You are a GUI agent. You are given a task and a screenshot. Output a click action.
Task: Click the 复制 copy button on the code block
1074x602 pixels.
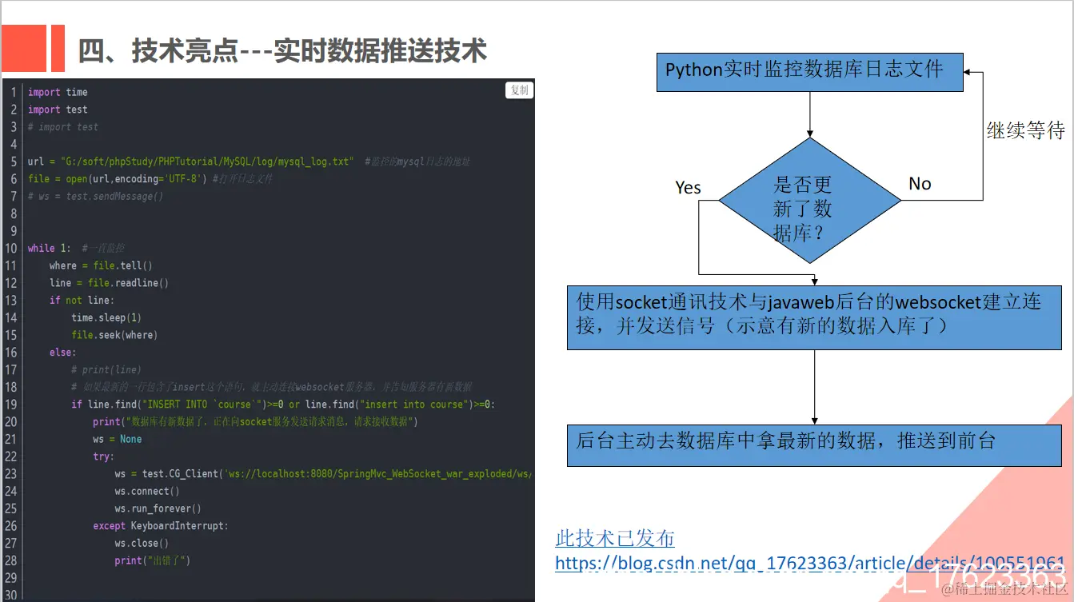520,90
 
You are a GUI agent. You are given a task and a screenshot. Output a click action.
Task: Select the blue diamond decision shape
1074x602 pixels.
809,200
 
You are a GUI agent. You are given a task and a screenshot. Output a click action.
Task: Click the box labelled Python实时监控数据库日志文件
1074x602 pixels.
809,72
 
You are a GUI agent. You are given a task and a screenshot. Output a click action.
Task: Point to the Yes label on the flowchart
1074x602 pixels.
688,188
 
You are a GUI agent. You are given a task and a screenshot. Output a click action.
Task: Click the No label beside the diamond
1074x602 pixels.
920,184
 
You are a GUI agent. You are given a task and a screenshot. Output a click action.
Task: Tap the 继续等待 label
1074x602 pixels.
1025,130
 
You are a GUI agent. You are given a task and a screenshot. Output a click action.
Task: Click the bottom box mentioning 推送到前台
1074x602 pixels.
814,445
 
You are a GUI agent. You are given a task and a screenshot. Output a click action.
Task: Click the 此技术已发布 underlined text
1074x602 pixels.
615,538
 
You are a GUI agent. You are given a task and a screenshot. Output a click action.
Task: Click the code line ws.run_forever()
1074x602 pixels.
158,508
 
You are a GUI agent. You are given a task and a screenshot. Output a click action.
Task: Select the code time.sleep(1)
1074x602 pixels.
106,317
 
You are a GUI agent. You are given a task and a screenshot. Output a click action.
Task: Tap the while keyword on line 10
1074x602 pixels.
42,248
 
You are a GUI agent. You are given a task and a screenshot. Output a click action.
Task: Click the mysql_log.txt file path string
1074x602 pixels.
206,161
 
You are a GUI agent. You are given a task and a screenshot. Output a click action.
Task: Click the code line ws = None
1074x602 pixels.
117,439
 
